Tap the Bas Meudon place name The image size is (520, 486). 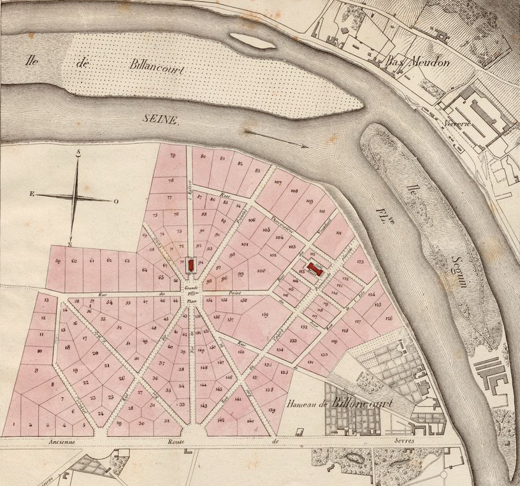(418, 62)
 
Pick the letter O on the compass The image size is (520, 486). (116, 201)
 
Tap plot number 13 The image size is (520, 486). (46, 299)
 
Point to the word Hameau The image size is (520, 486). (302, 404)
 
